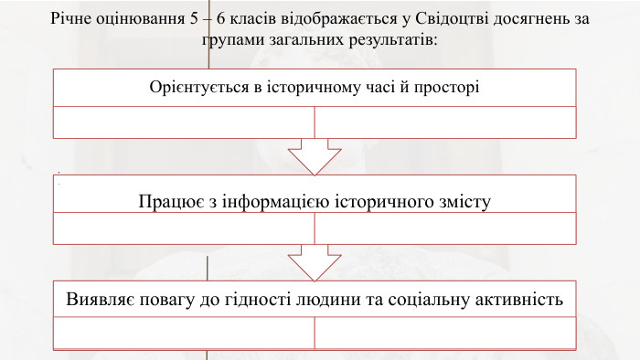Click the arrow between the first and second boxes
315,154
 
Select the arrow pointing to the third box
315,261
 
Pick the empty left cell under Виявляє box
184,334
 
